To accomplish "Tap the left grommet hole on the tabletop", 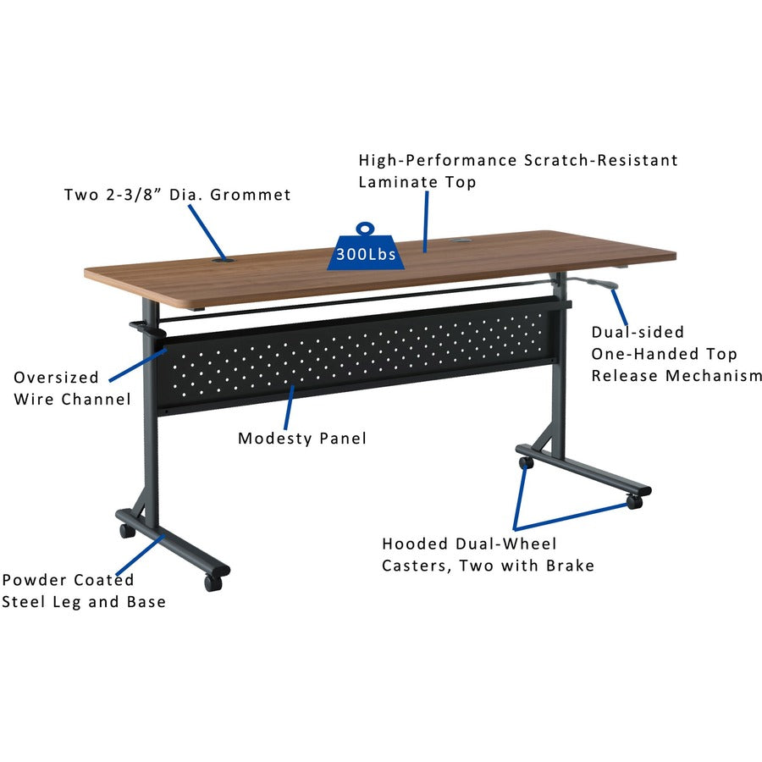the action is pos(223,261).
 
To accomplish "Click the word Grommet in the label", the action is pos(251,195).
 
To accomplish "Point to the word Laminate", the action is pos(390,182).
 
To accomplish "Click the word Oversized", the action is pos(57,378).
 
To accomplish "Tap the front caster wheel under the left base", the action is pos(213,583).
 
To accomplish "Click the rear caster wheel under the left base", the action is pos(127,531).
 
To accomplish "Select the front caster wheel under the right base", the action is pos(634,502).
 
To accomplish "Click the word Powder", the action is pos(35,580).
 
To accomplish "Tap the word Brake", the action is pos(570,566).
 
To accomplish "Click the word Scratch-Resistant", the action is pos(600,160).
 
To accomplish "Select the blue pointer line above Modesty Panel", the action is pos(290,408).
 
